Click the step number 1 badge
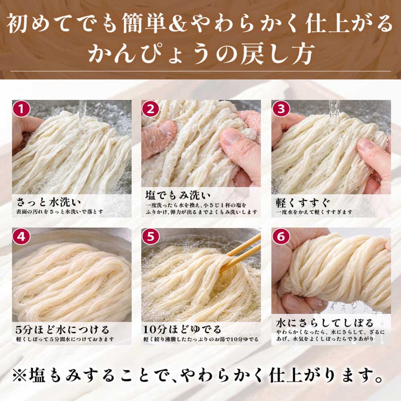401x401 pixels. pyautogui.click(x=21, y=109)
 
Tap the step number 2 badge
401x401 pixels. pyautogui.click(x=151, y=109)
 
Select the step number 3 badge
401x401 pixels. pyautogui.click(x=281, y=109)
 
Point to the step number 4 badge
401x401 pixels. pyautogui.click(x=21, y=237)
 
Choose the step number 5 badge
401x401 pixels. pyautogui.click(x=151, y=237)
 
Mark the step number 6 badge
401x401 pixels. pyautogui.click(x=281, y=237)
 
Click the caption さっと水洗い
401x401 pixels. pyautogui.click(x=48, y=202)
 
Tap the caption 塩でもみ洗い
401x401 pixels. pyautogui.click(x=178, y=196)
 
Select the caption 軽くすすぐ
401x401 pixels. pyautogui.click(x=303, y=203)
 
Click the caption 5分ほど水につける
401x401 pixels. pyautogui.click(x=62, y=330)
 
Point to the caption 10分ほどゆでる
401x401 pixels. pyautogui.click(x=182, y=330)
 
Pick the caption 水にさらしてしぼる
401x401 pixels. pyautogui.click(x=324, y=323)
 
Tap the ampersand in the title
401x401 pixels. pyautogui.click(x=178, y=24)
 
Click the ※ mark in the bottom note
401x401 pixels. pyautogui.click(x=21, y=376)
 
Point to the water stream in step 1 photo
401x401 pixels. pyautogui.click(x=82, y=115)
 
